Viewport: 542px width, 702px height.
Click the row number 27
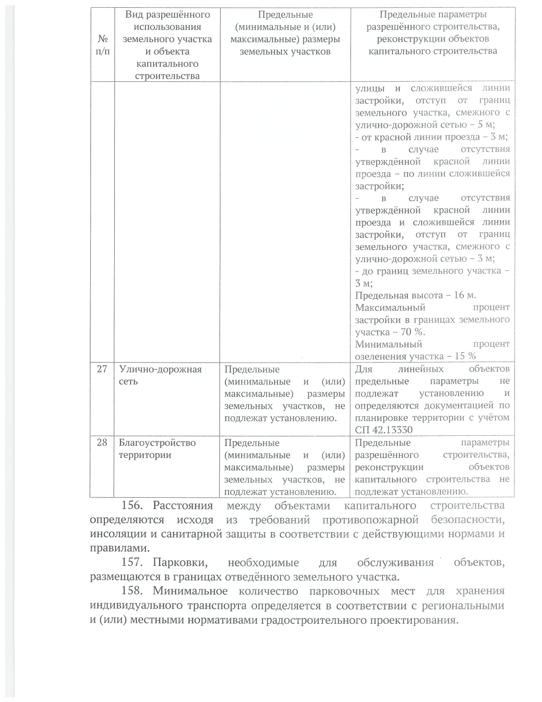(102, 369)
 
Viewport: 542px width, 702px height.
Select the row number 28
(102, 443)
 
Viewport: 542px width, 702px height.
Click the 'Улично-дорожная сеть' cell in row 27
(160, 375)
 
